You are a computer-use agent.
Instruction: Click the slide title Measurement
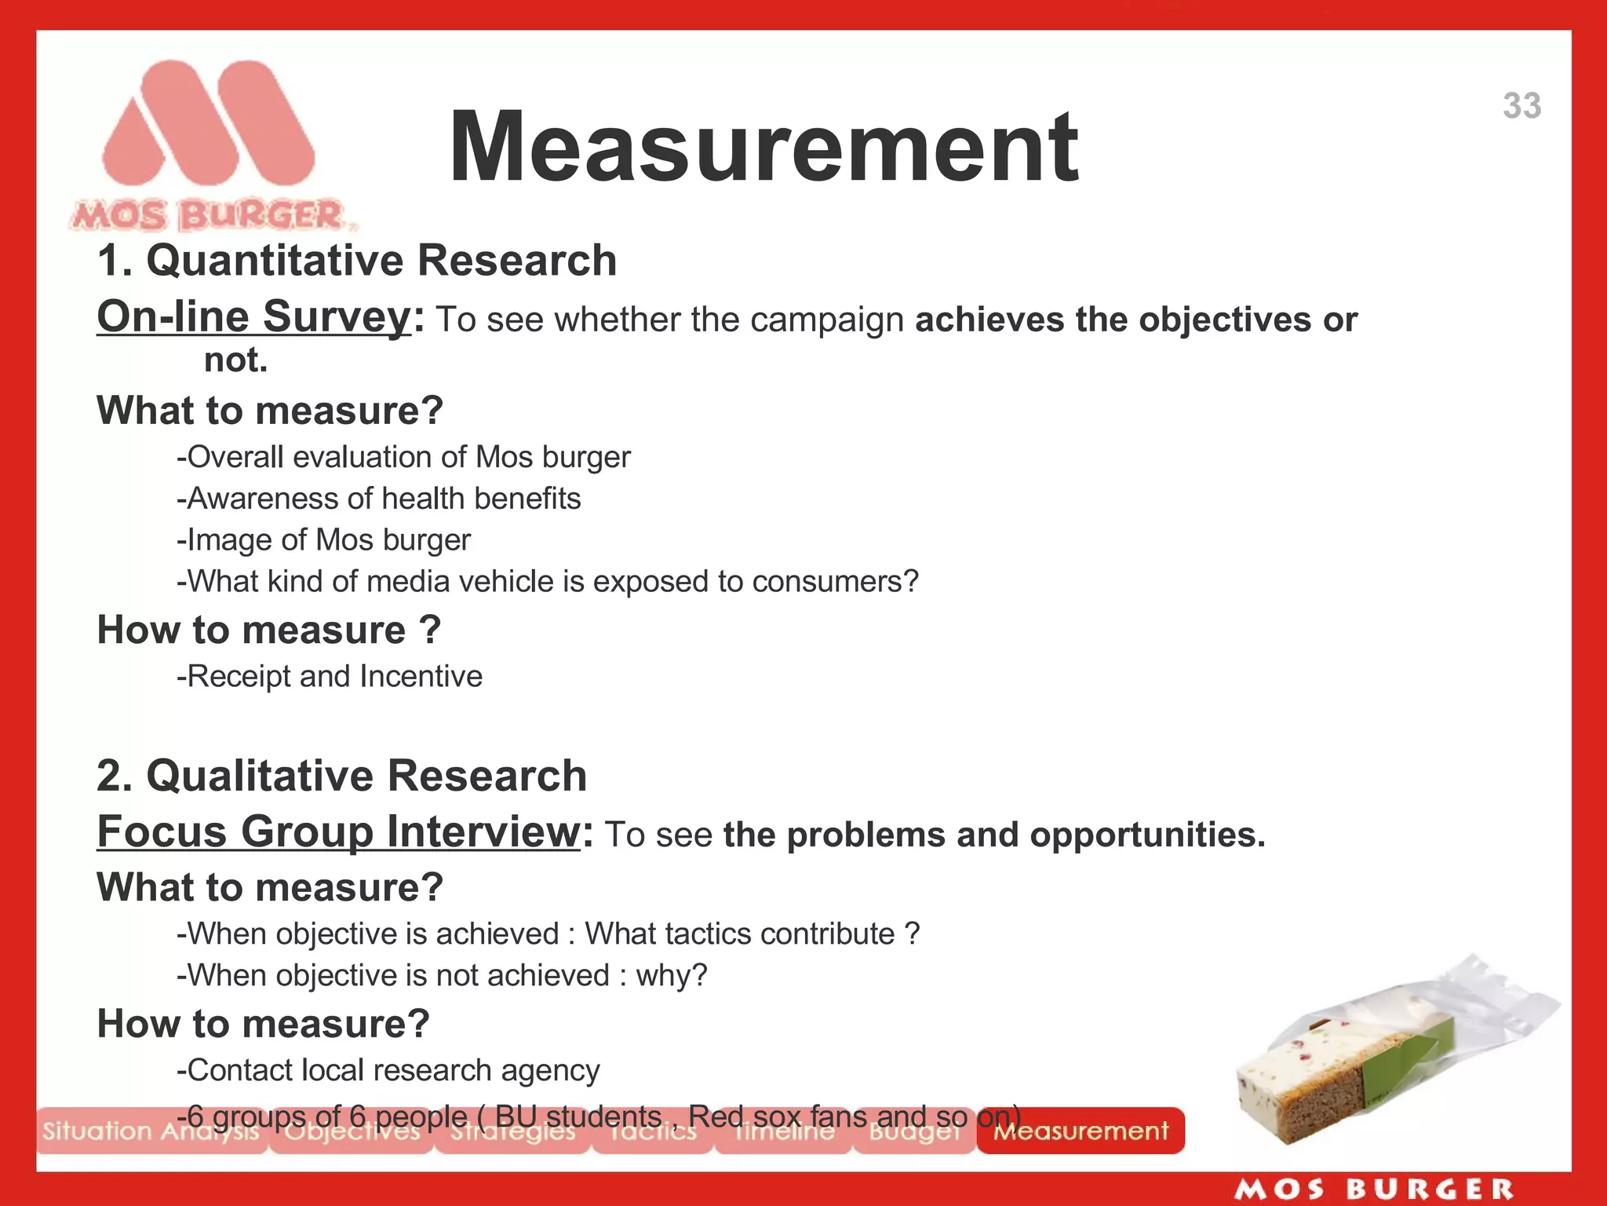pos(763,148)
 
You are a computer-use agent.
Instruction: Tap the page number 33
pos(1521,106)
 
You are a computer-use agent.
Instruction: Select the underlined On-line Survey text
pos(253,317)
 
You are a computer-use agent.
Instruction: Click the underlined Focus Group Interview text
pos(338,831)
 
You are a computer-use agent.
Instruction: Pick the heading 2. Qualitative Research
pos(342,776)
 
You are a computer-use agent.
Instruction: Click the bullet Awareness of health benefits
pos(379,499)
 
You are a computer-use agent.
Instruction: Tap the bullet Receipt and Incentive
pos(330,676)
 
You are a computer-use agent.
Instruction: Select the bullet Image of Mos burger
pos(324,540)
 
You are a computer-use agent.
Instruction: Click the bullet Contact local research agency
pos(388,1070)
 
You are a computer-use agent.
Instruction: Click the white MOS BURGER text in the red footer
pos(1374,1190)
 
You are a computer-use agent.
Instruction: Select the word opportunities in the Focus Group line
pos(1146,835)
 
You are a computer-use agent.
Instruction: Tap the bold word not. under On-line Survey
pos(235,360)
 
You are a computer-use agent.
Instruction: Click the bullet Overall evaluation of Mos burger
pos(404,457)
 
